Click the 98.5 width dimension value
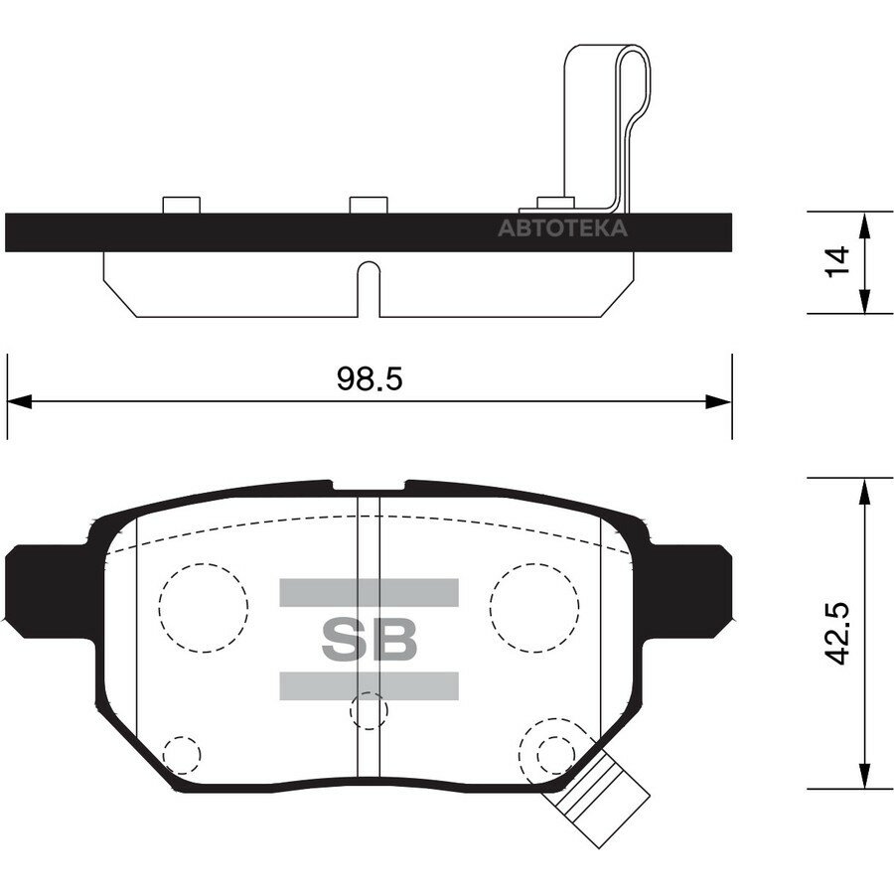370,378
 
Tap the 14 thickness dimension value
837,261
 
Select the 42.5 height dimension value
837,633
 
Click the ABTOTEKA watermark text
563,228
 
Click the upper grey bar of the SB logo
369,592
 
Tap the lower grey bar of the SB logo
369,685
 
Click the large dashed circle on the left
204,564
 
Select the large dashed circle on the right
534,564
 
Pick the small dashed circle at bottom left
182,737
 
